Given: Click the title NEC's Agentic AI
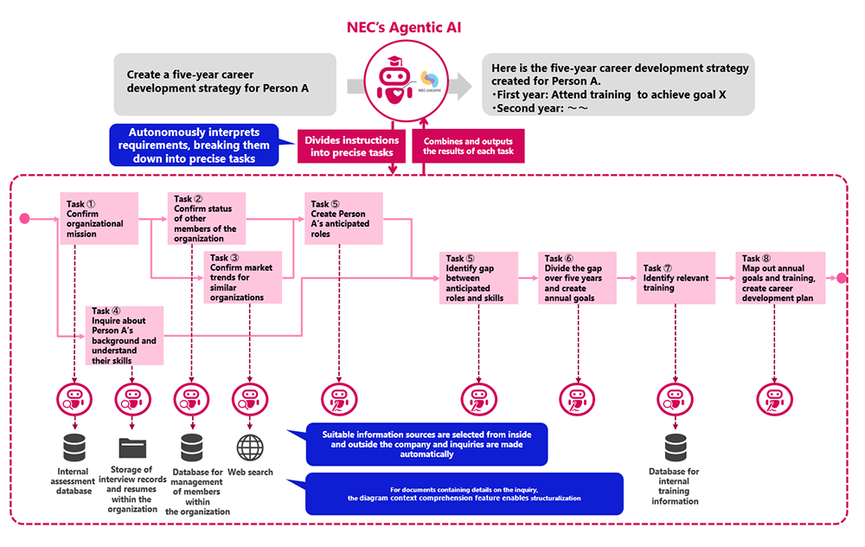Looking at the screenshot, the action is pyautogui.click(x=404, y=27).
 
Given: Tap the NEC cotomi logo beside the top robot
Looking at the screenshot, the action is pyautogui.click(x=430, y=80).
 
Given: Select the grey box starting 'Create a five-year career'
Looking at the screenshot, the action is pyautogui.click(x=225, y=84).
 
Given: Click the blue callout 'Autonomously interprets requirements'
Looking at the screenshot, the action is pyautogui.click(x=194, y=145).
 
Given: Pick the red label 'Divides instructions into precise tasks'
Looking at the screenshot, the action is pyautogui.click(x=351, y=146).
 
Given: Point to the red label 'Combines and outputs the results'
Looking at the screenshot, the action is pyautogui.click(x=468, y=146).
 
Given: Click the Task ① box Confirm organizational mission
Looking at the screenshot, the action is pyautogui.click(x=99, y=219).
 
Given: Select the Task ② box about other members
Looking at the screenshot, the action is pyautogui.click(x=207, y=219).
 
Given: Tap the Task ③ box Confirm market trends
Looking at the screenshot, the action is pyautogui.click(x=243, y=278).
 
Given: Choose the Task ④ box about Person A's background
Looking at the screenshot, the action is pyautogui.click(x=125, y=336).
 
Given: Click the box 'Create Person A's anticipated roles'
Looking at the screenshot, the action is pyautogui.click(x=343, y=219).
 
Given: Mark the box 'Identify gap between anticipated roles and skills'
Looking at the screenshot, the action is pyautogui.click(x=479, y=278).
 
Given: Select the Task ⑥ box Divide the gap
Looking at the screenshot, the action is pyautogui.click(x=577, y=278).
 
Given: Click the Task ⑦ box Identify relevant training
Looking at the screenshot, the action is pyautogui.click(x=676, y=278).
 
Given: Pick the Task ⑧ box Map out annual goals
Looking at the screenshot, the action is pyautogui.click(x=780, y=278).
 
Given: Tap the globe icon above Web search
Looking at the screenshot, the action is pyautogui.click(x=250, y=447).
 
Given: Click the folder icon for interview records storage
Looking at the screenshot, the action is pyautogui.click(x=132, y=447).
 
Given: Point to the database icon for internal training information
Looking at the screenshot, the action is pyautogui.click(x=676, y=447).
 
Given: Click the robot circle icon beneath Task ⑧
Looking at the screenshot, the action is pyautogui.click(x=774, y=400).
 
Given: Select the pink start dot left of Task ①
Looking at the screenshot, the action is pyautogui.click(x=25, y=219).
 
